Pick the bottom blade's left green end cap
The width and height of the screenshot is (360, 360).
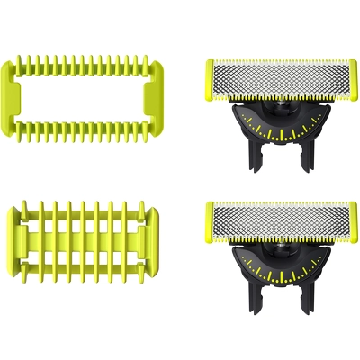210,224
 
